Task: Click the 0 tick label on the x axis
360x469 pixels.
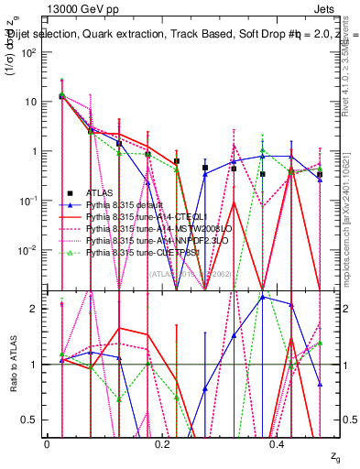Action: [x=47, y=442]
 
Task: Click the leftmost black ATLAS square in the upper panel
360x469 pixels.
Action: [x=60, y=95]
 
